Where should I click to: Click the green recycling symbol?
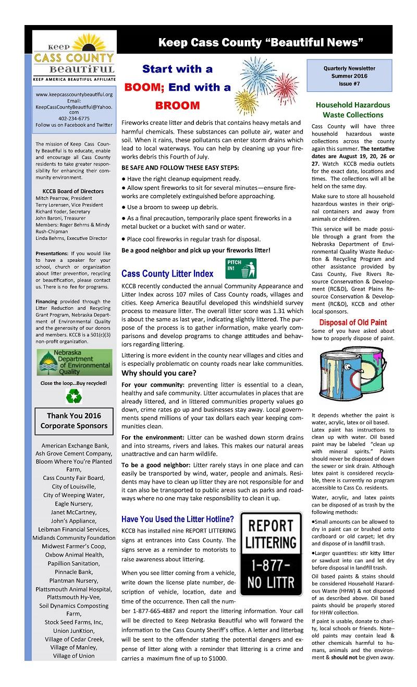tap(73, 398)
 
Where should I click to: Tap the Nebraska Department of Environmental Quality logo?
tap(73, 363)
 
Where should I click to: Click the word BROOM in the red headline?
tap(170, 105)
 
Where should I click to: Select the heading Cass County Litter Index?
tap(167, 273)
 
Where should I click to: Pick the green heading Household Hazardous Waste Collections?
tap(353, 110)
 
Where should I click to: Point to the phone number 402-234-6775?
tap(73, 118)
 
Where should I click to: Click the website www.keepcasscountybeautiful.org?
tap(73, 94)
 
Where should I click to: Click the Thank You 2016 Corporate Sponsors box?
tap(73, 420)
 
